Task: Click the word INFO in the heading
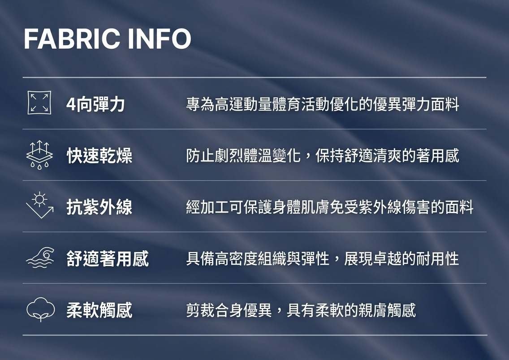(x=160, y=39)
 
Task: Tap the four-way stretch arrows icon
(x=39, y=103)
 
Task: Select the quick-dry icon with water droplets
(x=39, y=155)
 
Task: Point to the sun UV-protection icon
(x=39, y=206)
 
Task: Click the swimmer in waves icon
(x=40, y=258)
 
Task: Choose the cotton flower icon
(x=41, y=309)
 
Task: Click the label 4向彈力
(x=95, y=104)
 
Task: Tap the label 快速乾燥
(x=99, y=156)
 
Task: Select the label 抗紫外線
(x=99, y=207)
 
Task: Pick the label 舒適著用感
(x=108, y=258)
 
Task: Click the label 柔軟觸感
(x=99, y=310)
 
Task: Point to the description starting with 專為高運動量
(x=323, y=104)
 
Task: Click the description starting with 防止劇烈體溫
(x=323, y=156)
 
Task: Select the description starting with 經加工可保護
(x=330, y=207)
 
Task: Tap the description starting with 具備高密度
(x=323, y=258)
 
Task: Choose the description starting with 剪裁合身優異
(x=301, y=310)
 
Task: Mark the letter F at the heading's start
(x=31, y=39)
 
